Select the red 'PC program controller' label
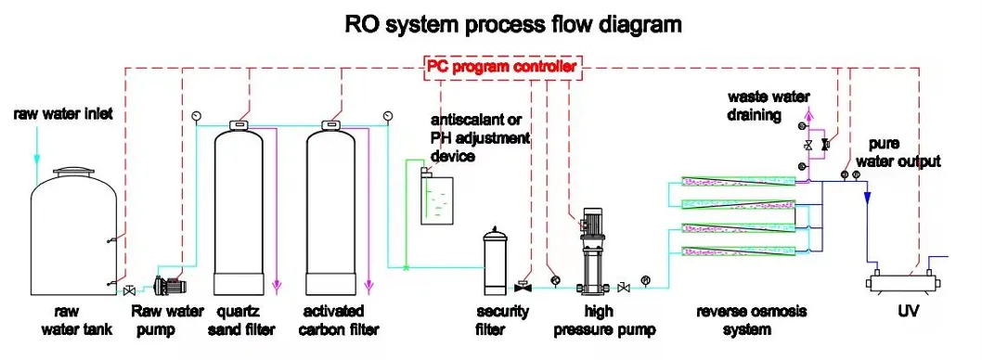[x=502, y=67]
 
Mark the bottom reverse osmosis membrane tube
[x=738, y=250]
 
